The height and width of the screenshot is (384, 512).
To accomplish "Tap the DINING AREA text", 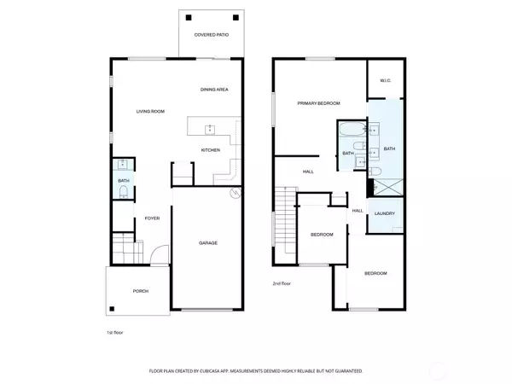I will [x=214, y=90].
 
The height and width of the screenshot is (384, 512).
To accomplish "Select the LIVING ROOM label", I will [x=150, y=112].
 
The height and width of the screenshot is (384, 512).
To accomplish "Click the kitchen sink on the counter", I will [x=209, y=130].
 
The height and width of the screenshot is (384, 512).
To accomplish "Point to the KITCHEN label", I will [x=211, y=150].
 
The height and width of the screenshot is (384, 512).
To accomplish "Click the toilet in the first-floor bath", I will [x=123, y=193].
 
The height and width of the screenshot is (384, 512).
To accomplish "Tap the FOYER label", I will [x=152, y=218].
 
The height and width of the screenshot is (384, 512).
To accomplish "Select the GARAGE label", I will [x=208, y=243].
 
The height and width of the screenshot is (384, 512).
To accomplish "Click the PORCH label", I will [x=140, y=291].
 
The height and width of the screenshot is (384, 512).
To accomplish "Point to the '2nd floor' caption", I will [x=282, y=283].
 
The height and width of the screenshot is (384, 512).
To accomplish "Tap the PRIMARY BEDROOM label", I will [x=318, y=103].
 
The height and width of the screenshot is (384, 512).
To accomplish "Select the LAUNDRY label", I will [x=384, y=213].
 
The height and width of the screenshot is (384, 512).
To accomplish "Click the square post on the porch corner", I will [x=113, y=310].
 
